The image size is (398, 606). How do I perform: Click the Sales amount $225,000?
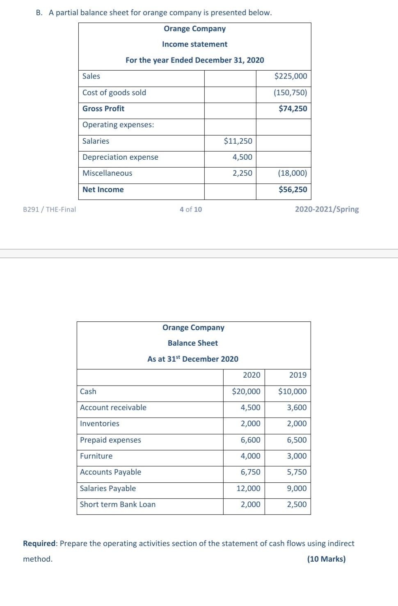tap(290, 76)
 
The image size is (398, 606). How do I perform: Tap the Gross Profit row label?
tap(103, 109)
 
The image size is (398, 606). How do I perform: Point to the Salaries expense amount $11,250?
tap(238, 141)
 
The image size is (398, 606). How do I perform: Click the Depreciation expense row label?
tap(120, 157)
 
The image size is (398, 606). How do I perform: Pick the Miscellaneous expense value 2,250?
tap(242, 173)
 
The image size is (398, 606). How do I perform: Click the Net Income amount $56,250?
tap(293, 190)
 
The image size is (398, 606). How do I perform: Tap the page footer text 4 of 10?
tap(191, 209)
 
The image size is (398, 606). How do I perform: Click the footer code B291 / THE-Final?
tap(50, 209)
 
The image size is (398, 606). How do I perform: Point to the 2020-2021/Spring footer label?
tap(327, 209)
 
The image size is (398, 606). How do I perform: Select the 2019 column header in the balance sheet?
tap(297, 375)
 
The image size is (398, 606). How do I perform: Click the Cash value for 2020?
tap(246, 392)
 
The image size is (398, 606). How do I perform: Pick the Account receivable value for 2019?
tap(297, 408)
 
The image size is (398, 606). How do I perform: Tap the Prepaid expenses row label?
tap(110, 440)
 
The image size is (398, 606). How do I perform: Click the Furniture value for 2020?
tap(250, 456)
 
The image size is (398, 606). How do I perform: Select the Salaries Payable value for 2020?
tap(248, 489)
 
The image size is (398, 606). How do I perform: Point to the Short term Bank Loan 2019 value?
tap(297, 505)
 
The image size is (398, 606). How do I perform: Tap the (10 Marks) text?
tap(326, 559)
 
